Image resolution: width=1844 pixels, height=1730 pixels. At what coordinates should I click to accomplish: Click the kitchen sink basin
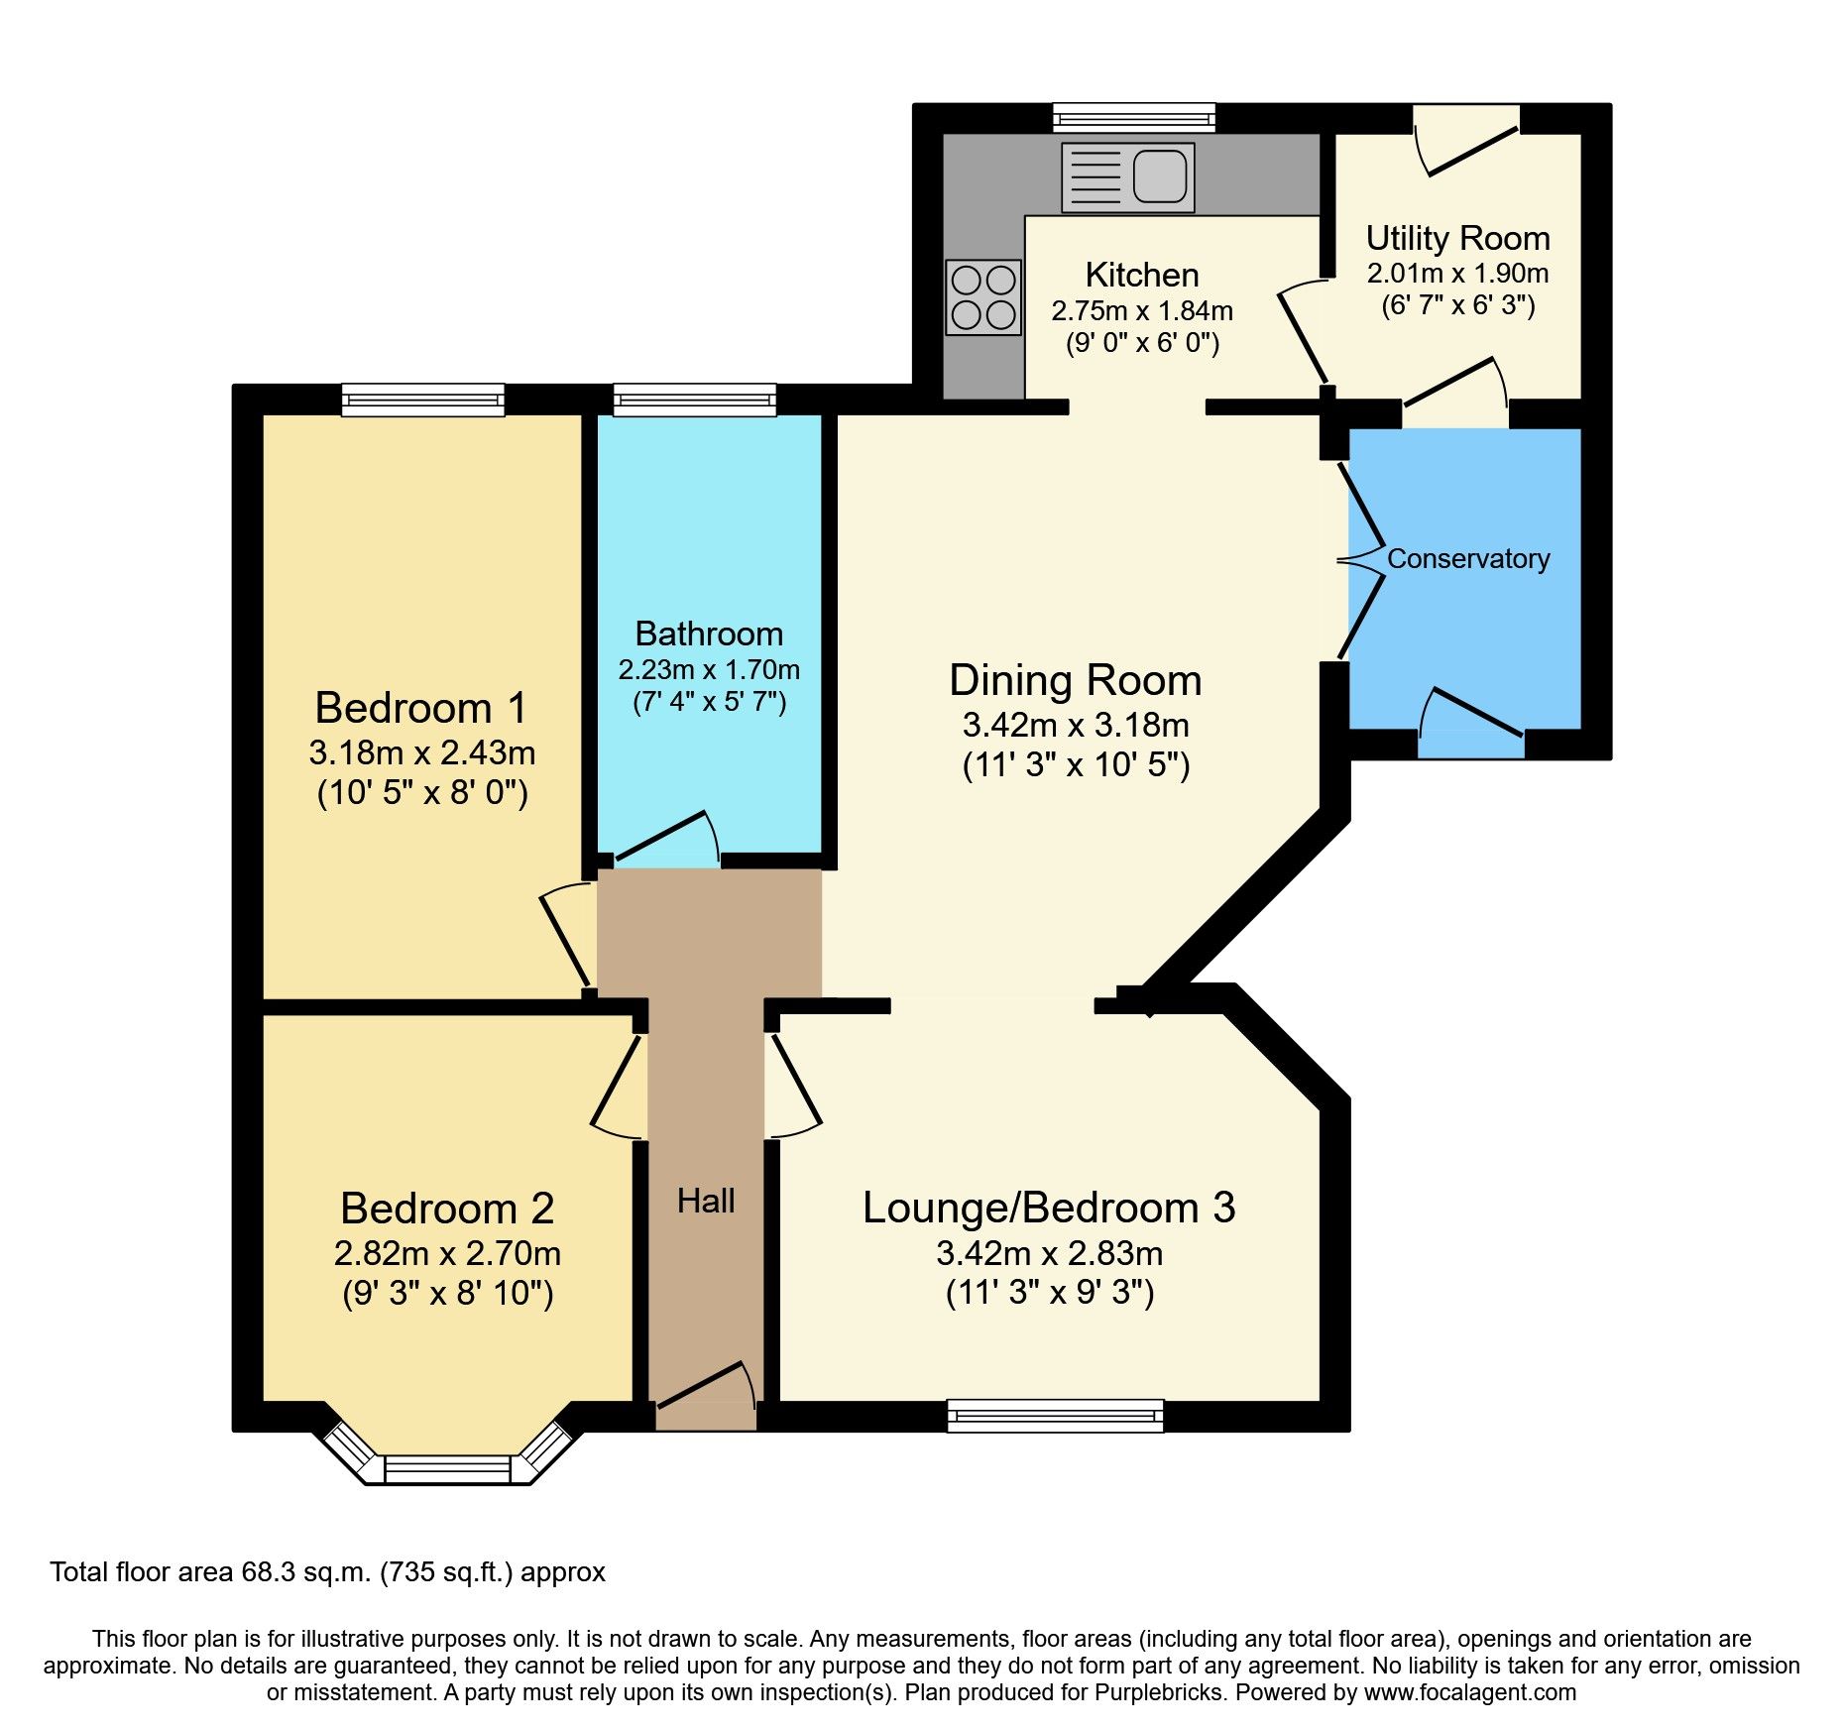(1159, 175)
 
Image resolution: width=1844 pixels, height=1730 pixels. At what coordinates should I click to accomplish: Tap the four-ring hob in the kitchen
(983, 297)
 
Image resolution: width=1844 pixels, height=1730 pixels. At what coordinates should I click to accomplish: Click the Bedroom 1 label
(420, 708)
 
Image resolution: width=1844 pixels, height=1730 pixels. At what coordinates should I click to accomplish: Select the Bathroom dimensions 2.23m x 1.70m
(709, 670)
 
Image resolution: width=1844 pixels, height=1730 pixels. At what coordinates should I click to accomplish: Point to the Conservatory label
(1467, 559)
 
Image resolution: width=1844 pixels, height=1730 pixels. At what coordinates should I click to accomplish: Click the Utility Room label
(1457, 238)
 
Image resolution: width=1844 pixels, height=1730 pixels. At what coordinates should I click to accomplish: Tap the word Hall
(706, 1202)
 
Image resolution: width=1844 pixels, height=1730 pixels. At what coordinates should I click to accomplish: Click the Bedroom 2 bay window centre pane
(447, 1468)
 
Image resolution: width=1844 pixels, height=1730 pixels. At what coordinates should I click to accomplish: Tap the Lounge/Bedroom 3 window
(1055, 1416)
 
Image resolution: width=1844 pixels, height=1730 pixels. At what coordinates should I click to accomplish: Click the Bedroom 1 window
(423, 400)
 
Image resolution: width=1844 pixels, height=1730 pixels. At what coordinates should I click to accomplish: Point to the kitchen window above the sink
(1134, 118)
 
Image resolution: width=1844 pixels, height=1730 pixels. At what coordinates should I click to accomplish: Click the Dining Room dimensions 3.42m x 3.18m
(1076, 726)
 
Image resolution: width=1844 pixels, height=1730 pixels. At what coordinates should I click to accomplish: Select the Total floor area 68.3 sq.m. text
(327, 1572)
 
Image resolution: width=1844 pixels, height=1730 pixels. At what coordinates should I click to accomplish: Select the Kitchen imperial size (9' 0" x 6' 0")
(1142, 344)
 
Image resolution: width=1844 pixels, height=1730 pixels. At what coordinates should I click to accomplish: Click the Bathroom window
(694, 400)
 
